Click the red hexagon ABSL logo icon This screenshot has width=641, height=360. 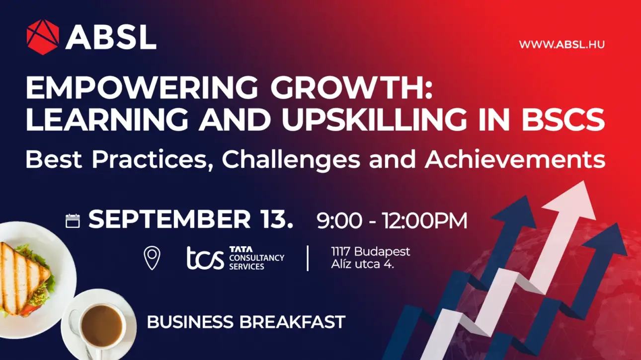[43, 37]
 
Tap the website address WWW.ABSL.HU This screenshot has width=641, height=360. [561, 45]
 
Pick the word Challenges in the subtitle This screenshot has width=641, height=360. [291, 159]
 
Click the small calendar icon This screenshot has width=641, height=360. [73, 221]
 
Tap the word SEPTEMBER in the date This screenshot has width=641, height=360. [169, 219]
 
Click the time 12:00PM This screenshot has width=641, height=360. [425, 220]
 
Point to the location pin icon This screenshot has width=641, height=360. [152, 258]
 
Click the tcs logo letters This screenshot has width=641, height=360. [205, 259]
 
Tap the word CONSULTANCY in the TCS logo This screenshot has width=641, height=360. [257, 258]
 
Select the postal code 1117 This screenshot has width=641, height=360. [340, 252]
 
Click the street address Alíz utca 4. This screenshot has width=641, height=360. [363, 264]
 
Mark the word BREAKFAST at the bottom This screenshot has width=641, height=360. [292, 322]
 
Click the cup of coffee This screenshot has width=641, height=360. [101, 325]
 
